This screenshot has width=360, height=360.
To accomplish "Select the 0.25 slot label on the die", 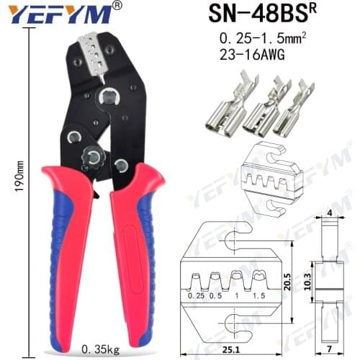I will point(196,296).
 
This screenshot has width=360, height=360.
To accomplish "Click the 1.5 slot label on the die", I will point(261,296).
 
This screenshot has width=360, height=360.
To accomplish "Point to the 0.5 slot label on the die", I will point(215,296).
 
